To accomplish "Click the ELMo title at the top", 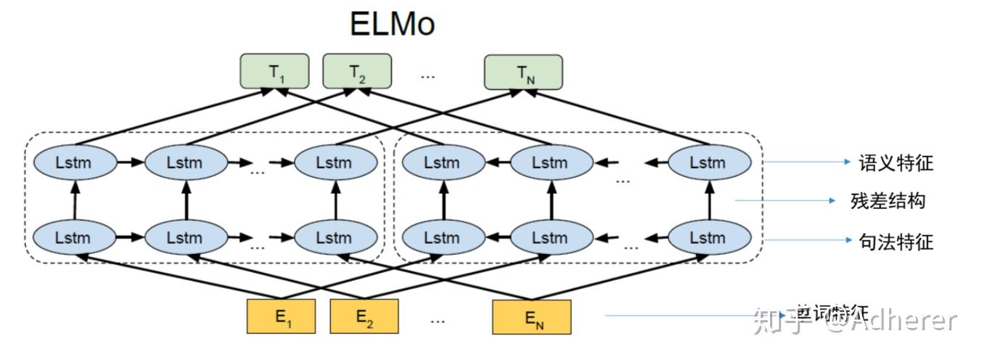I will pos(392,23).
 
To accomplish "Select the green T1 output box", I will pos(274,72).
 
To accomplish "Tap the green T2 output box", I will pos(356,72).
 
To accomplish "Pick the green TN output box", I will pos(523,73).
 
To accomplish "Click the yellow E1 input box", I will pos(282,316).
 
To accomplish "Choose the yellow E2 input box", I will pos(364,316).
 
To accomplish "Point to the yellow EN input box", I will pos(531,316).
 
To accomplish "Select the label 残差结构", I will pos(888,200).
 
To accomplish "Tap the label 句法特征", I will pos(896,242).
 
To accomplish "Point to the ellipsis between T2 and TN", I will pos(428,73).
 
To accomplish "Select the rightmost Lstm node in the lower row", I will pos(708,237).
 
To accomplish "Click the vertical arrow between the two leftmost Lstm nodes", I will pos(73,200).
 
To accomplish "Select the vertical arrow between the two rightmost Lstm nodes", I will pos(708,200).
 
